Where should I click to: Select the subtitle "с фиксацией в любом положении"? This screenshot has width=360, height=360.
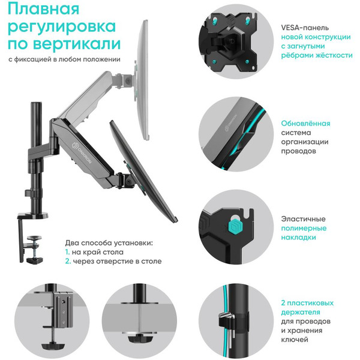[64, 59]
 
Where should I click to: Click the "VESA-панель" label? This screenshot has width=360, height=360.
[302, 27]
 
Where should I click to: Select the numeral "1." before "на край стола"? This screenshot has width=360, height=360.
[68, 253]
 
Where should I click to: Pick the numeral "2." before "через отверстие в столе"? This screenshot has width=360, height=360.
[68, 262]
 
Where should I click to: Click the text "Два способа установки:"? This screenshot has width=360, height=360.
[109, 243]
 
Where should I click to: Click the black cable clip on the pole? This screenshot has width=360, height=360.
[227, 320]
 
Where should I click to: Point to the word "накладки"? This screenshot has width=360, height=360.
[298, 238]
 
